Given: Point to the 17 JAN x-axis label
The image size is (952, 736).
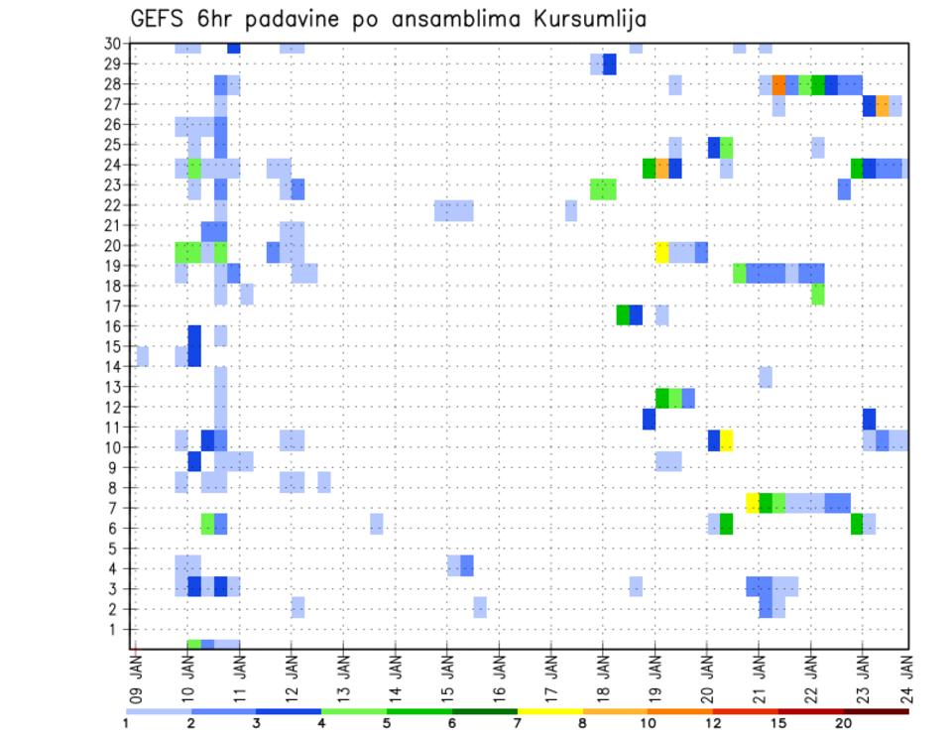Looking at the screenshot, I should (552, 672).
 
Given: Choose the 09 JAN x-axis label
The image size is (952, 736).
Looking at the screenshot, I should (136, 672).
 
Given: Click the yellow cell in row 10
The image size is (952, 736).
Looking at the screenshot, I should (727, 439).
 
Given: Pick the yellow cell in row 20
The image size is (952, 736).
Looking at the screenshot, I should (662, 252).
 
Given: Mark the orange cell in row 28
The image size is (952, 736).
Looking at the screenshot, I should (778, 84).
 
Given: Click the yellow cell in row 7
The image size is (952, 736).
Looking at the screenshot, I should (753, 503).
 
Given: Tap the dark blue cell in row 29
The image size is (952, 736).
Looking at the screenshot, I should (610, 64).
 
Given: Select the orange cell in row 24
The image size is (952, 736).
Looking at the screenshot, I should (662, 169).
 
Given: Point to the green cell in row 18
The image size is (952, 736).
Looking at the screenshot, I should (817, 294).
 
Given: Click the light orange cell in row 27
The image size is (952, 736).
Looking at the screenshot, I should (883, 105).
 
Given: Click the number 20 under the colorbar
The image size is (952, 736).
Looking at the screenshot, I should (843, 723).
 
